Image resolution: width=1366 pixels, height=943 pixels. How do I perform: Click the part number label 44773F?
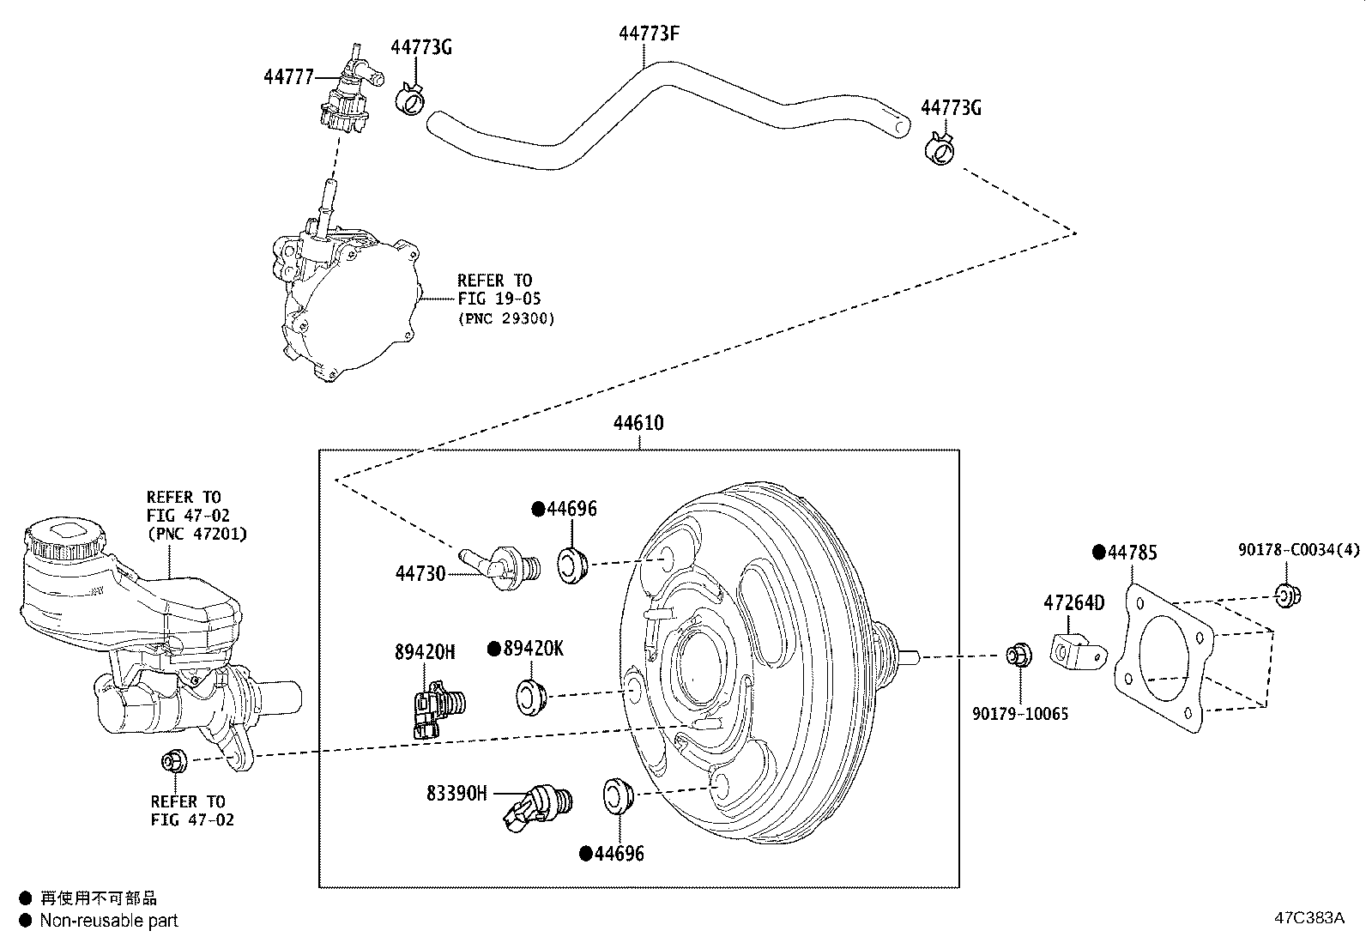(x=649, y=33)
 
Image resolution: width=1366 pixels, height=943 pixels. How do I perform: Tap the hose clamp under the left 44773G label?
(x=410, y=100)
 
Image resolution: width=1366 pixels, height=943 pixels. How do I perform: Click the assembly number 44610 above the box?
(x=638, y=423)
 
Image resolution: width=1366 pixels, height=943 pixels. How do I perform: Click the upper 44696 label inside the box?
(x=571, y=509)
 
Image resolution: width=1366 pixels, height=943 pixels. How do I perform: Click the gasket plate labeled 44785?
(x=1164, y=657)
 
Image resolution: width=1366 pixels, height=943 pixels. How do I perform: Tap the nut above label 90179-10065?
(x=1018, y=656)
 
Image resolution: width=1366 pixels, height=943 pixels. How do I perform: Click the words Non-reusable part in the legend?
(x=109, y=921)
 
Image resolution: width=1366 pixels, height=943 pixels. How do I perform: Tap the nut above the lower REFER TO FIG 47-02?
(x=172, y=760)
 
